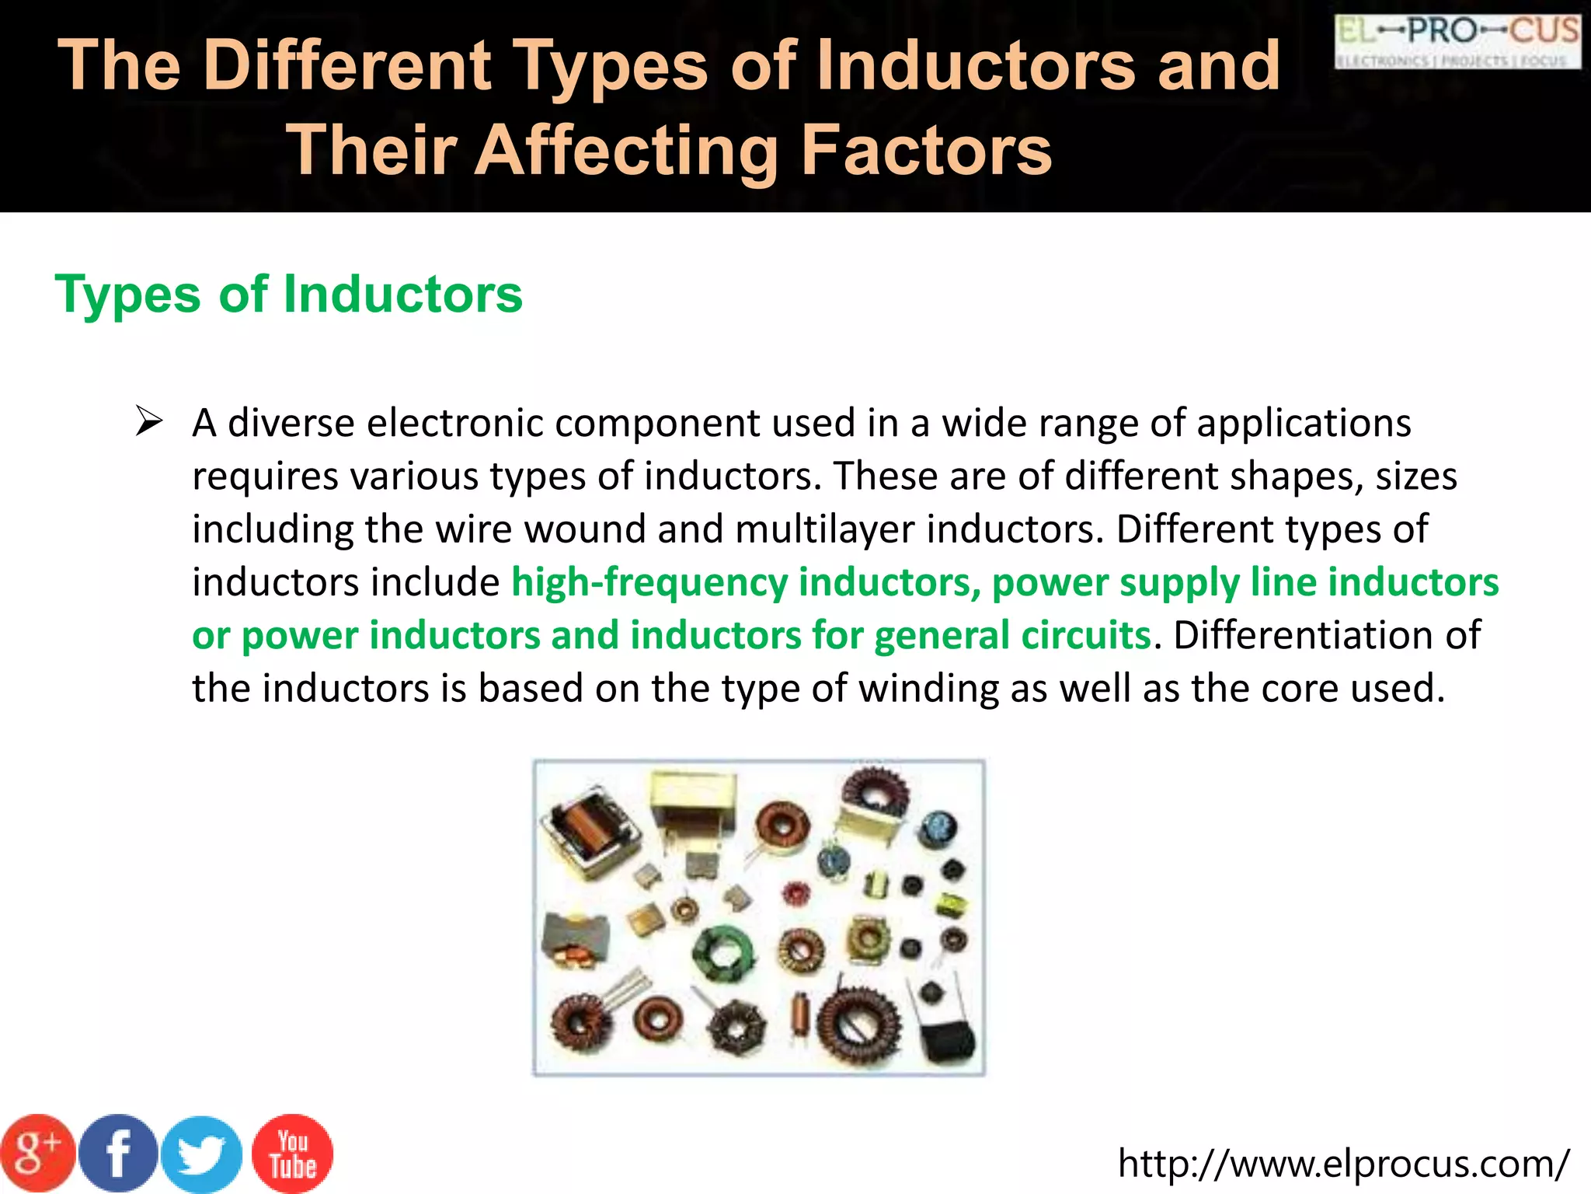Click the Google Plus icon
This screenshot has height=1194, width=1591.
click(37, 1154)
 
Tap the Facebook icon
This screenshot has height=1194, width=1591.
click(118, 1154)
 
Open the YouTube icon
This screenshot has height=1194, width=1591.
click(293, 1154)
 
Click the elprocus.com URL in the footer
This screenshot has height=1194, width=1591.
click(1343, 1164)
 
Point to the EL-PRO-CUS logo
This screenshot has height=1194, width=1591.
click(1457, 42)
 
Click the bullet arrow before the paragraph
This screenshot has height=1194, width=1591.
click(148, 422)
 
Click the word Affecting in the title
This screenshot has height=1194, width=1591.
click(626, 150)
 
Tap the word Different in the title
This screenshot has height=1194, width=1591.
click(347, 65)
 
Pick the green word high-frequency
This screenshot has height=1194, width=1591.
click(649, 582)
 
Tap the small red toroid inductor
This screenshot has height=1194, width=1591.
click(794, 893)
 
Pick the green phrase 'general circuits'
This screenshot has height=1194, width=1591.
click(1012, 635)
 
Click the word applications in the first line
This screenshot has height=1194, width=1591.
click(1304, 424)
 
